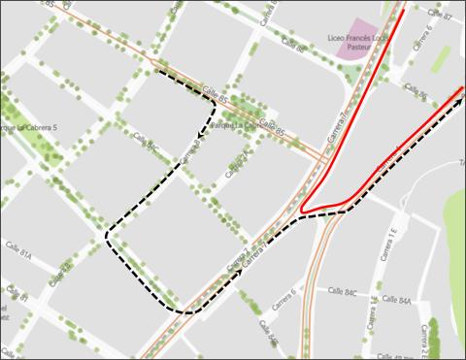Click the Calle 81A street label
pos(18,255)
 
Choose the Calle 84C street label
pos(343,291)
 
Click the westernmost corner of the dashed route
pos(106,233)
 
